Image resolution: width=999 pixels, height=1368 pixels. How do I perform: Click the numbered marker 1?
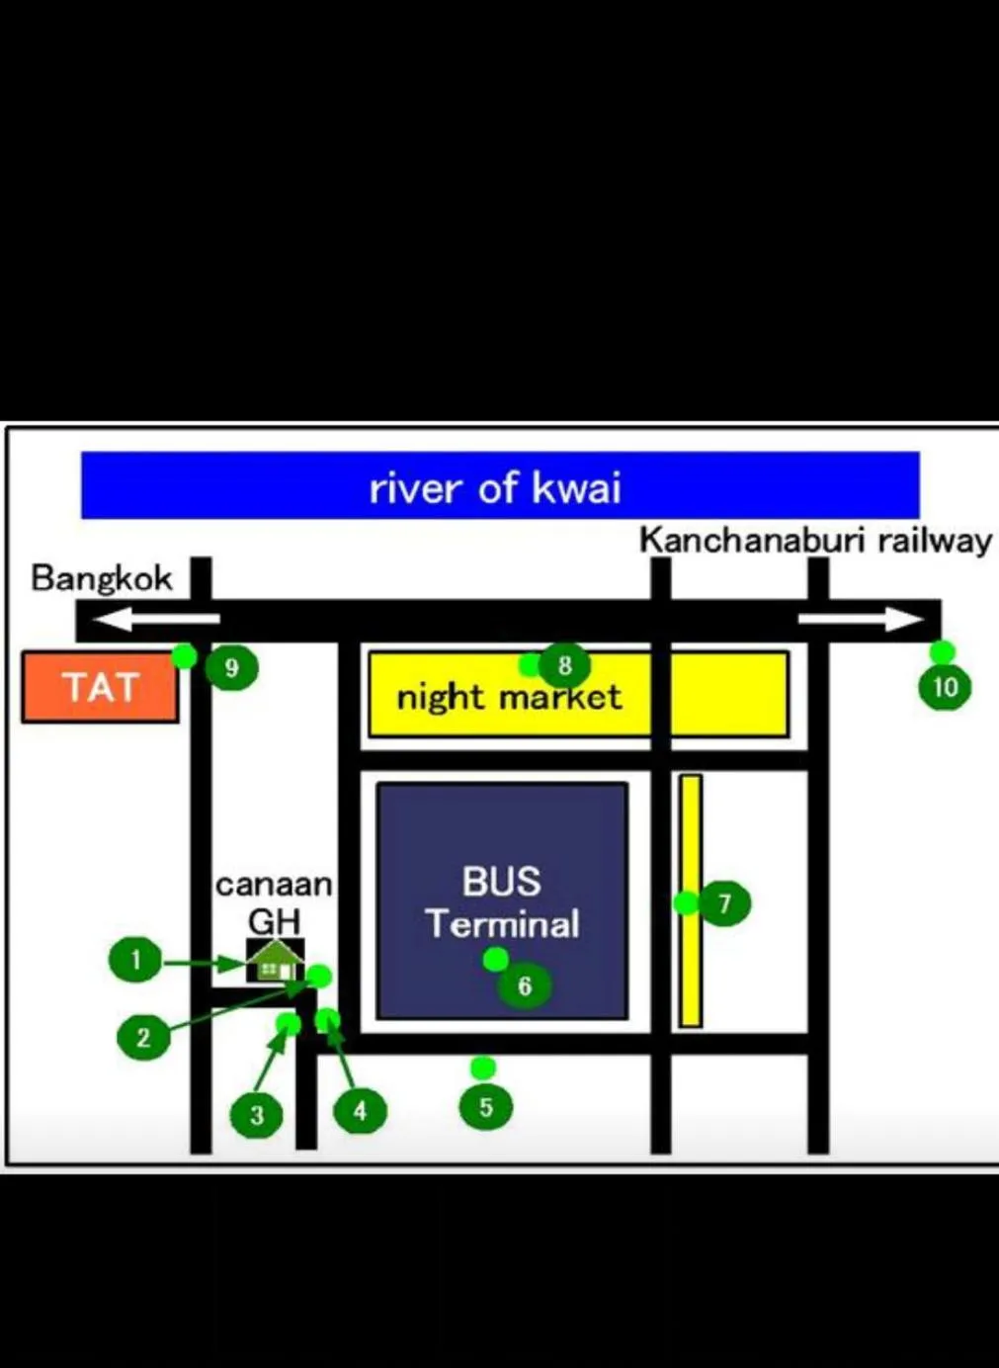135,960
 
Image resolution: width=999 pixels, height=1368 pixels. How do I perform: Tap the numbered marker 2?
143,1038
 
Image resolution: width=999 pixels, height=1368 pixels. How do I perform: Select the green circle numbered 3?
257,1115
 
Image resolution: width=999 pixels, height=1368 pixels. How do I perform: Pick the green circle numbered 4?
361,1111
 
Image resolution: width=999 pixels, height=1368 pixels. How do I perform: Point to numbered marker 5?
486,1107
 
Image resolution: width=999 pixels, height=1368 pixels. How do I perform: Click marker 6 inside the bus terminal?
525,985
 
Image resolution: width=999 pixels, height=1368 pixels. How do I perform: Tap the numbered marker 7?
725,903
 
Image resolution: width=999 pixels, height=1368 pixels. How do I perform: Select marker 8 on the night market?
565,665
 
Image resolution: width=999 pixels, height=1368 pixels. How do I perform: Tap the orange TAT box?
101,686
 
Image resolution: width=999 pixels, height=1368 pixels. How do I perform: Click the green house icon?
276,961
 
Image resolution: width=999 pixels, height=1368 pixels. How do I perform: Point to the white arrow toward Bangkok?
156,620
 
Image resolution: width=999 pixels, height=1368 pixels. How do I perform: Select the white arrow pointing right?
861,620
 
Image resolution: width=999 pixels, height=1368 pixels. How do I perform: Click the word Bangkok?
102,579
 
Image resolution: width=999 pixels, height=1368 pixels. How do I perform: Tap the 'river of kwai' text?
495,488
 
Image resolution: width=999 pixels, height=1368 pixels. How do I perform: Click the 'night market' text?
509,697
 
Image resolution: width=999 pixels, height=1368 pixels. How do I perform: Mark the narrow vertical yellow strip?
692,900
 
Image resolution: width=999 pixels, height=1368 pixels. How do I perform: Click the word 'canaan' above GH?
274,886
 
